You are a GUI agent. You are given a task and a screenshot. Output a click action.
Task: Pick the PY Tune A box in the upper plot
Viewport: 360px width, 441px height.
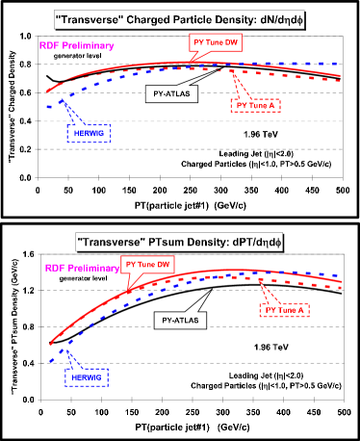pos(255,106)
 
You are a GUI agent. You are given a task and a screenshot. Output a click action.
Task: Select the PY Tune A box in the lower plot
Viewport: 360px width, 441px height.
pos(285,310)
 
